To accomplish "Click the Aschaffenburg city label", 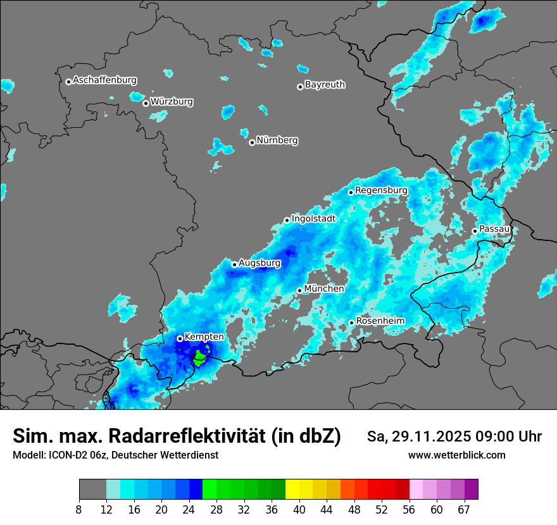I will [x=104, y=80].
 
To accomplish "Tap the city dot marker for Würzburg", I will [x=146, y=103].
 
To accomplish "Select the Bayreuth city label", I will [x=325, y=84].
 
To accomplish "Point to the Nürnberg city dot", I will [x=252, y=142].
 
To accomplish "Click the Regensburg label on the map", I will [x=381, y=190].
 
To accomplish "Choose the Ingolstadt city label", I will [x=313, y=218].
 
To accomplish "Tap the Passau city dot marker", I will [x=475, y=231].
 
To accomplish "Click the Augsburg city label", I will [x=260, y=262].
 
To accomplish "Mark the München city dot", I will [x=299, y=290].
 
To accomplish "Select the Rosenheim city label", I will [x=380, y=321].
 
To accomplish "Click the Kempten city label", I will [x=204, y=337].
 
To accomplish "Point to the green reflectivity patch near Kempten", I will [x=200, y=359].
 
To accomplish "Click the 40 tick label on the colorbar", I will [x=299, y=510].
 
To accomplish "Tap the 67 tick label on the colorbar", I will [x=464, y=510].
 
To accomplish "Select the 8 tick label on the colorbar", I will [x=79, y=510].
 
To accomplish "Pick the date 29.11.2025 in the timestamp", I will [x=426, y=436].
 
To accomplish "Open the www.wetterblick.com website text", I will [x=456, y=455].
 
